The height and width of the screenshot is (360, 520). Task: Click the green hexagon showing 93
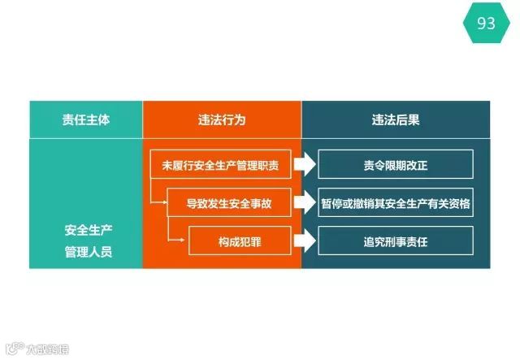(x=486, y=23)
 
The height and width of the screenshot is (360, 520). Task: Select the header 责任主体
(x=86, y=119)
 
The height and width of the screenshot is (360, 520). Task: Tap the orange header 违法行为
(x=222, y=119)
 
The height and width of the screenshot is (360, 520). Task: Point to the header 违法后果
(x=396, y=119)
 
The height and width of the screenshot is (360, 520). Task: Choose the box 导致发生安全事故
(x=229, y=203)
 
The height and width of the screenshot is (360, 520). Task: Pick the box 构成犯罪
(x=240, y=241)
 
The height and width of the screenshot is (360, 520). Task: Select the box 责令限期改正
(x=396, y=165)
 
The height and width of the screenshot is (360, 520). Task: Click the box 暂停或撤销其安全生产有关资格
(x=396, y=203)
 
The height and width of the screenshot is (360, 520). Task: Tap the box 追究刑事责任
(x=396, y=241)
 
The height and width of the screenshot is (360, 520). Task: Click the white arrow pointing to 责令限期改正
(x=304, y=165)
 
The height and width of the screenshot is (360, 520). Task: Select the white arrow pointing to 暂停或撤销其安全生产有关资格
(x=304, y=203)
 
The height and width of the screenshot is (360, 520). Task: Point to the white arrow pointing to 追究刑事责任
(x=304, y=241)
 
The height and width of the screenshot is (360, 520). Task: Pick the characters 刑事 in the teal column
(x=396, y=241)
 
